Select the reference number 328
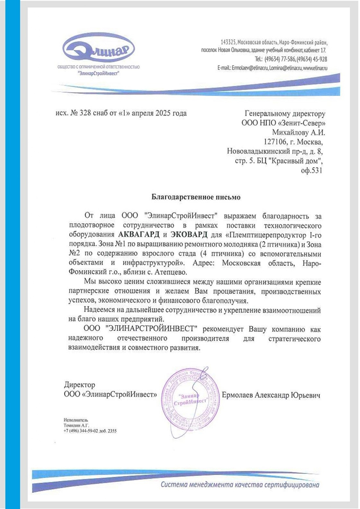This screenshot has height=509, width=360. coord(84,114)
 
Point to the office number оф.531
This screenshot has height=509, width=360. coord(312,171)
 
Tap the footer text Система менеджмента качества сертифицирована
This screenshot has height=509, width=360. coord(241,484)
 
